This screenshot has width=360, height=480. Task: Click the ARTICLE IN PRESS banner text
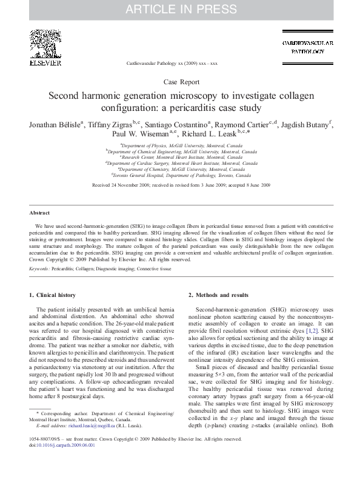180,9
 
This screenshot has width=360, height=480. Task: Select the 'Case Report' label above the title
180,81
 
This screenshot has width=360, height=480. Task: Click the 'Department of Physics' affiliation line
179,146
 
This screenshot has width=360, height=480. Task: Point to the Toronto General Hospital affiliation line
180,175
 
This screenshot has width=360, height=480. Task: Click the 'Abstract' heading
39,213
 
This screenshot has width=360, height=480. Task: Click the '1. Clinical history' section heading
53,295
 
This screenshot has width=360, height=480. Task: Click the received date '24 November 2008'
127,184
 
